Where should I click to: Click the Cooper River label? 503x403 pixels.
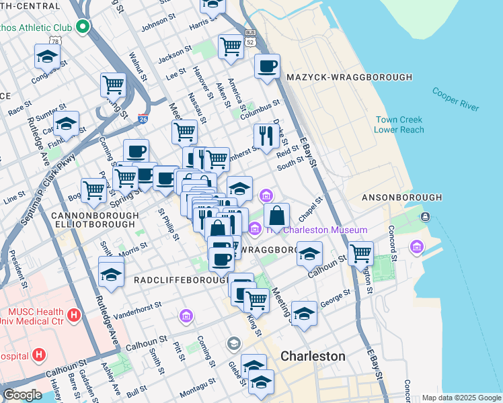(455, 98)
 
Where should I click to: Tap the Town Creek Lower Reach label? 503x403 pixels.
(399, 125)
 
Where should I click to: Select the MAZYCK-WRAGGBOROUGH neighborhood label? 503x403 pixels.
(349, 78)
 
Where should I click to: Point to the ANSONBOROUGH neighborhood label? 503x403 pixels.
(401, 197)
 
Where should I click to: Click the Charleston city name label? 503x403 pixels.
(313, 356)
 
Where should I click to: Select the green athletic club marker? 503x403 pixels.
(83, 27)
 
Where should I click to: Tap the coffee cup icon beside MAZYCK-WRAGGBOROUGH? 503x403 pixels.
(267, 66)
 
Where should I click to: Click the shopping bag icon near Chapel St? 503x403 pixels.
(276, 216)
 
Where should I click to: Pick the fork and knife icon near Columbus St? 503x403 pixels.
(267, 136)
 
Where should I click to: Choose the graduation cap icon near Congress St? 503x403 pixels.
(48, 56)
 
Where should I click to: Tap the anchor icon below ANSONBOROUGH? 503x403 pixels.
(424, 217)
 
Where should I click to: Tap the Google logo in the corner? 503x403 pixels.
(22, 395)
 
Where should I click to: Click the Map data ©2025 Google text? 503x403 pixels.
(461, 398)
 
